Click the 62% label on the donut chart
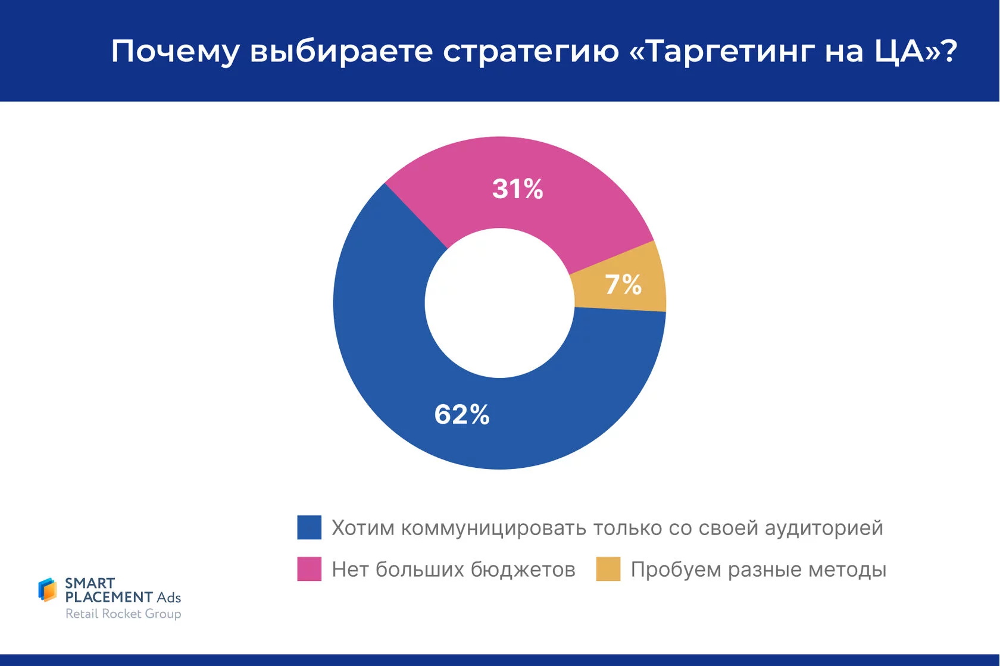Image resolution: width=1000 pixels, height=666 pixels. pos(462,414)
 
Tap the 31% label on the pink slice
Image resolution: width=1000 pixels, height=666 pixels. pos(517,189)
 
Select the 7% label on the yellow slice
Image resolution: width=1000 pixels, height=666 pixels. pos(623,284)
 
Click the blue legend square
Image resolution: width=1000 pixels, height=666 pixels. pos(310,527)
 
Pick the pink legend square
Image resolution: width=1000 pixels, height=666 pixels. pos(310,569)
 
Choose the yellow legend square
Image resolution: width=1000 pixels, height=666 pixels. pos(608,569)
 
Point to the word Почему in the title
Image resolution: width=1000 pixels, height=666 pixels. pos(175,51)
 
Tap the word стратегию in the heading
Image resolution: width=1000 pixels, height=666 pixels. pos(531,51)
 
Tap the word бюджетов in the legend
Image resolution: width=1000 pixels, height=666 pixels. pos(523,570)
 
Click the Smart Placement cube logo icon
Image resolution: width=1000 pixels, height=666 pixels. pos(48,590)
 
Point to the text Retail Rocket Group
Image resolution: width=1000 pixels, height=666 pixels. pos(123,614)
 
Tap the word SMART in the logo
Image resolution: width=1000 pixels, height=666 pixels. pos(90,583)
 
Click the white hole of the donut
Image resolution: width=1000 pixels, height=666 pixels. pos(499,303)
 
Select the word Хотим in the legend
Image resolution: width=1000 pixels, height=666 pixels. pos(362,528)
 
